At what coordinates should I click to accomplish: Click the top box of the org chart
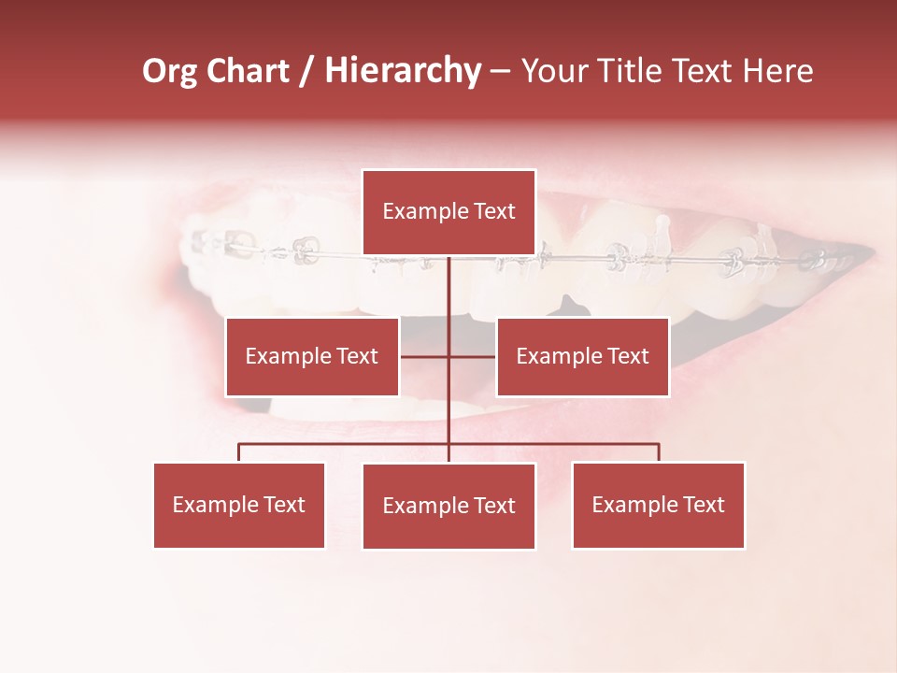[448, 212]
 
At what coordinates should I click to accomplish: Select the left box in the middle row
[312, 356]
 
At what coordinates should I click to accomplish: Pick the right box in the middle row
[582, 356]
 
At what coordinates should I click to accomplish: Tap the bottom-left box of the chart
[239, 505]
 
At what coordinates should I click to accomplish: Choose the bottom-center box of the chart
[448, 506]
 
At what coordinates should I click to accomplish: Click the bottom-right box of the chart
[658, 505]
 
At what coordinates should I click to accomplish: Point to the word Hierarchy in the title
[403, 71]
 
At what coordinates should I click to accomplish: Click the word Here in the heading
[777, 71]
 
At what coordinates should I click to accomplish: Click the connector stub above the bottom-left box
[239, 452]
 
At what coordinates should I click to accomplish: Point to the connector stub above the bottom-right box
[659, 452]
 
